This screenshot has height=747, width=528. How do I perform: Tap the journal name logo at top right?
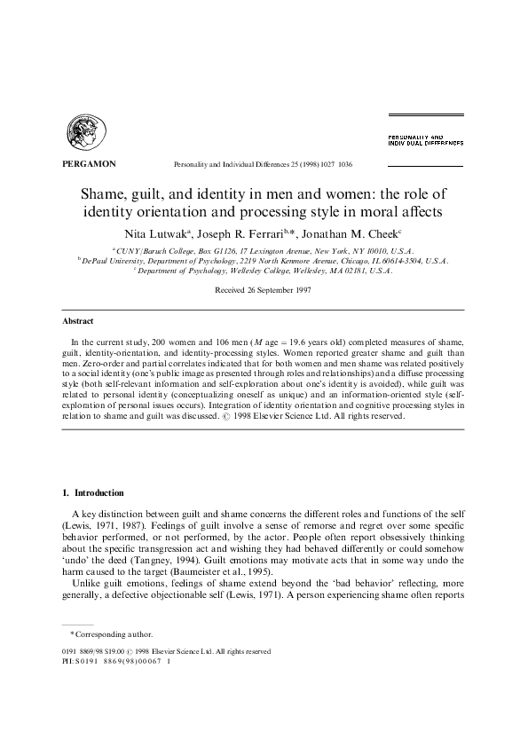[425, 139]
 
